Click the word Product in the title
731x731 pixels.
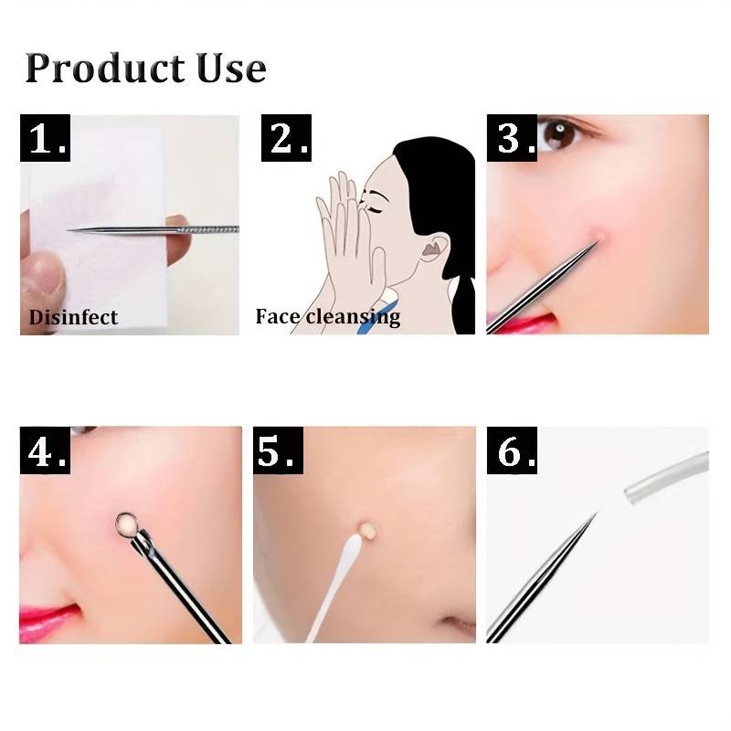(103, 69)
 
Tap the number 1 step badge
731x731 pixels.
(46, 140)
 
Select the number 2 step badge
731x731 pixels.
(286, 139)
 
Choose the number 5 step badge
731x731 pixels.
(277, 450)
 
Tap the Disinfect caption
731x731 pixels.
(73, 318)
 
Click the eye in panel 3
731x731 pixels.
(559, 135)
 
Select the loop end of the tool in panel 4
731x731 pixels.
(126, 524)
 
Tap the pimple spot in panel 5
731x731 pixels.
(369, 529)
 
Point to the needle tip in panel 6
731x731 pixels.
(593, 517)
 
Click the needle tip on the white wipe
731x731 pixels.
(72, 229)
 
